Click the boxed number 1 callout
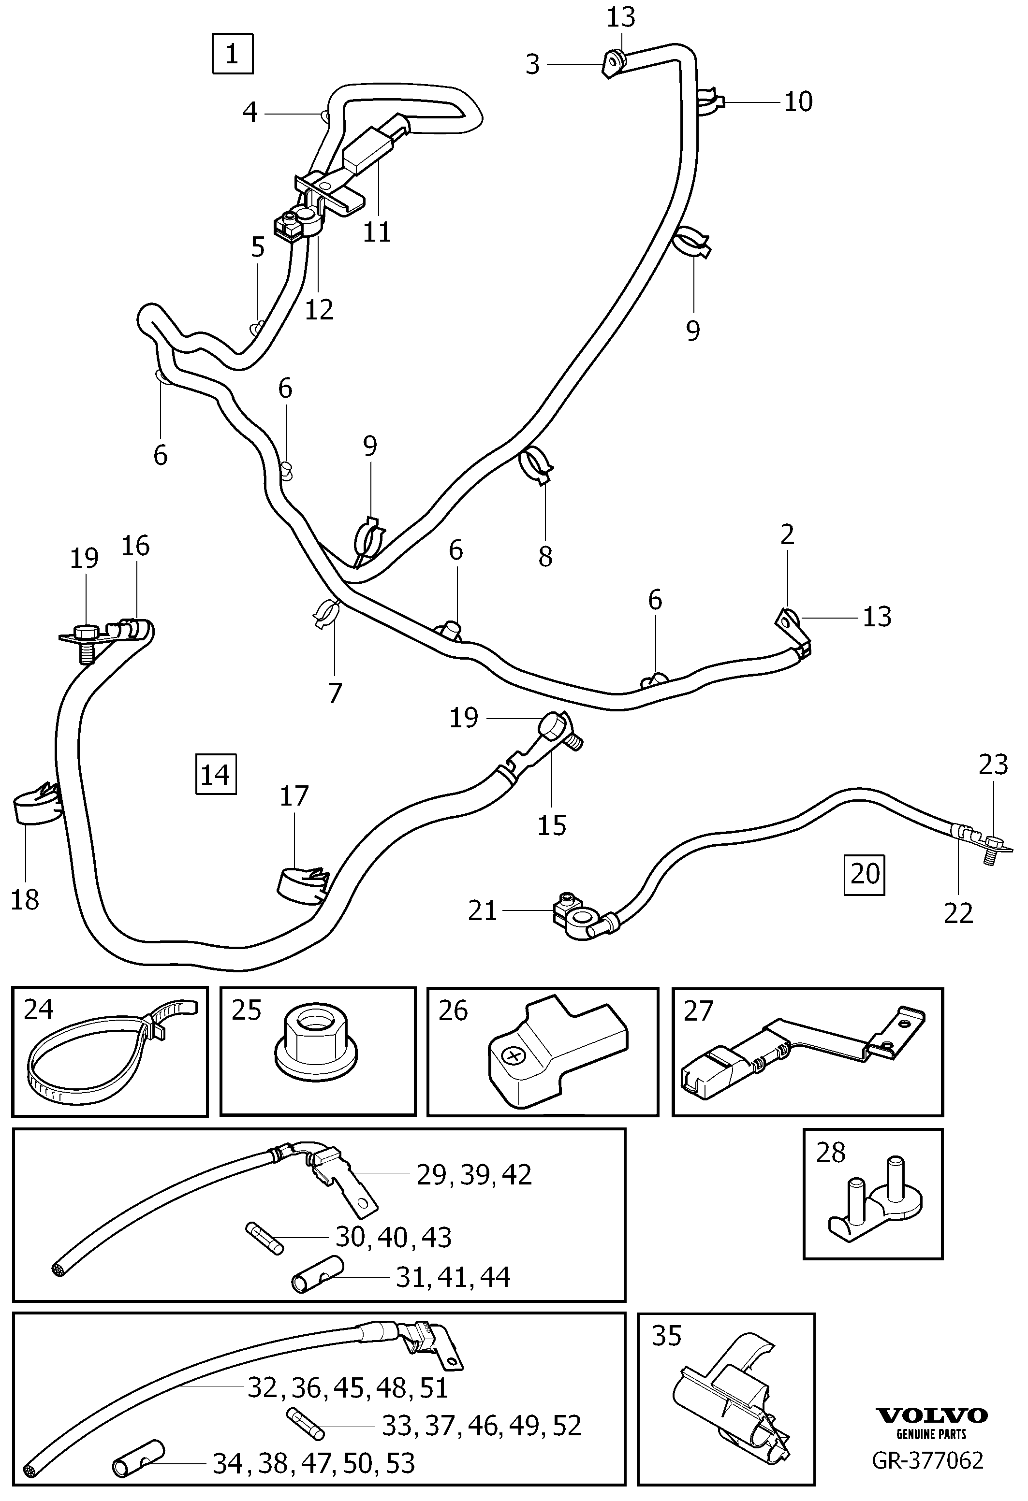[x=232, y=54]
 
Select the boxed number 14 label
[x=216, y=774]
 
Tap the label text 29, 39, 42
[x=474, y=1174]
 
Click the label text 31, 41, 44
[x=453, y=1277]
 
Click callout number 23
[x=993, y=765]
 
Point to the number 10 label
[x=798, y=101]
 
